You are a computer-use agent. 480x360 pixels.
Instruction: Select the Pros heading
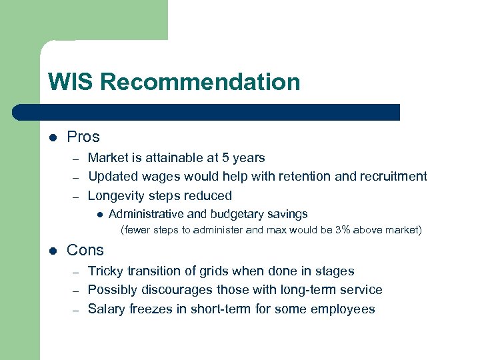pos(83,137)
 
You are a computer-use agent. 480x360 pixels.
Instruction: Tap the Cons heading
pos(85,251)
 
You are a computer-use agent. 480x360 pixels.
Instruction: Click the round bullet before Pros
pos(53,138)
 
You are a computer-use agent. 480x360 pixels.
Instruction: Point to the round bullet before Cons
pos(53,251)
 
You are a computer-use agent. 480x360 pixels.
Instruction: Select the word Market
pos(108,158)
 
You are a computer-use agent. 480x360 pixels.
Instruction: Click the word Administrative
pos(146,214)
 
